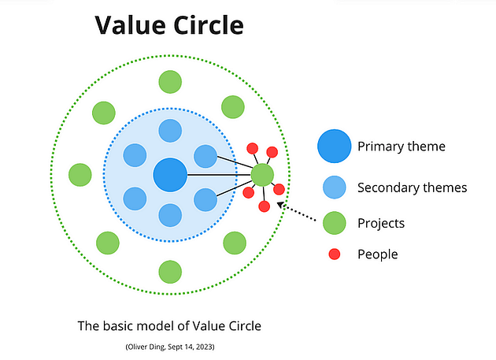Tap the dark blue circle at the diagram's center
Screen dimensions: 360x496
(x=169, y=174)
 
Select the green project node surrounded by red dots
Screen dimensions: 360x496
(x=262, y=174)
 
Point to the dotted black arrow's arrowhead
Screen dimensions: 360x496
(x=282, y=206)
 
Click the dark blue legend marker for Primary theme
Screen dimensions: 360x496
(x=334, y=147)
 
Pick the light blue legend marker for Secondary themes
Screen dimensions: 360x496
(x=334, y=187)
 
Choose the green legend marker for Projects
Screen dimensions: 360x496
(x=334, y=223)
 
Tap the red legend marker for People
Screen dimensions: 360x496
(x=334, y=254)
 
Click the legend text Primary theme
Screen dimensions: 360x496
(x=401, y=147)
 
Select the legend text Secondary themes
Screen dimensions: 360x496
(x=412, y=187)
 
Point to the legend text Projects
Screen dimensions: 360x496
(x=380, y=223)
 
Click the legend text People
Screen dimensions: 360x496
(x=377, y=254)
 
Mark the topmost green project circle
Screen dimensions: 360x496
(x=170, y=81)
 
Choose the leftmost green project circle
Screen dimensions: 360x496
(x=80, y=174)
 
